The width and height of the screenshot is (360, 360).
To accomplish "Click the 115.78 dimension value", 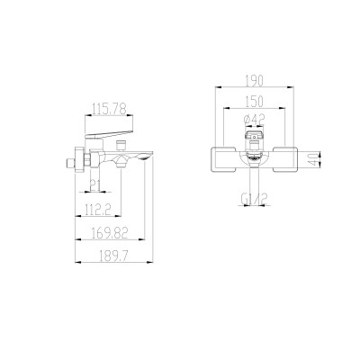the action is pos(109,108).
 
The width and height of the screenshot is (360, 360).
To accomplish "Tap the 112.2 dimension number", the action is pos(97,209).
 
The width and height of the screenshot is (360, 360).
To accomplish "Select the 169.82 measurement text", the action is pos(110,232).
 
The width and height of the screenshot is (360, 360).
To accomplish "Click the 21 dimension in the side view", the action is pos(94,186).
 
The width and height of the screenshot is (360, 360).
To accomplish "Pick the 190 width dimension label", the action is pos(255,81).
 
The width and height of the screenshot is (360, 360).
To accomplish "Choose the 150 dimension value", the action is pos(255,101).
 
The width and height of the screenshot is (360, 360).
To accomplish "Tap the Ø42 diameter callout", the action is pos(254,120).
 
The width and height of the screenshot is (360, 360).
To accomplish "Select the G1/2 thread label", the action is pos(254,199).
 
